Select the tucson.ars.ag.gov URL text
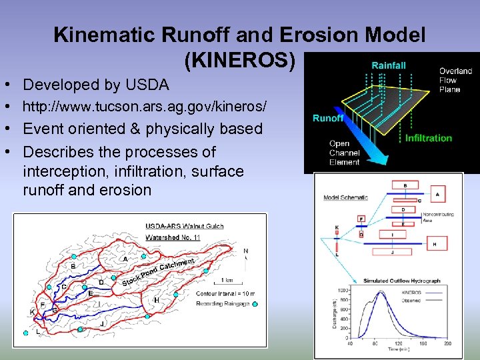pyautogui.click(x=145, y=107)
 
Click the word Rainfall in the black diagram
pyautogui.click(x=389, y=65)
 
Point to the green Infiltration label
pyautogui.click(x=428, y=138)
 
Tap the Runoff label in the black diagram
pyautogui.click(x=328, y=118)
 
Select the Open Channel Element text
pyautogui.click(x=345, y=153)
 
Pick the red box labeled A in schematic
pyautogui.click(x=437, y=194)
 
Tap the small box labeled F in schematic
pyautogui.click(x=361, y=219)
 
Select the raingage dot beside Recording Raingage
pyautogui.click(x=255, y=304)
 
